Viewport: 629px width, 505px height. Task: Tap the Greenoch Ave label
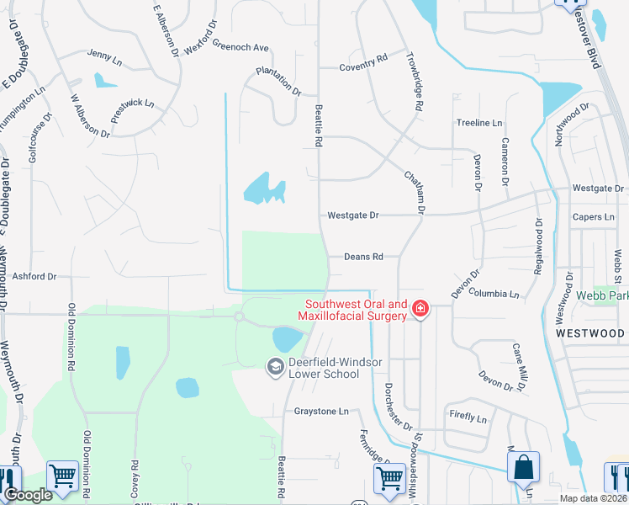click(240, 46)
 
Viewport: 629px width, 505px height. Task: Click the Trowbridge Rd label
click(416, 84)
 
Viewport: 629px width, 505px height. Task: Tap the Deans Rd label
click(363, 257)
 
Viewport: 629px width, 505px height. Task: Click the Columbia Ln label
click(494, 294)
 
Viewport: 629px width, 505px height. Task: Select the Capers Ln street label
click(594, 217)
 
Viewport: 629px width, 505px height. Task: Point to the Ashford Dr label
click(34, 276)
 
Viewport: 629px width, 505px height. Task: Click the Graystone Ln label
click(320, 412)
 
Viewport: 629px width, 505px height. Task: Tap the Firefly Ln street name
click(468, 418)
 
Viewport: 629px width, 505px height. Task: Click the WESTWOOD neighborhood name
click(590, 333)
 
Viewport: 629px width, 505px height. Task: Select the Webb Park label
click(602, 296)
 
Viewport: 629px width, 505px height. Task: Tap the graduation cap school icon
click(275, 366)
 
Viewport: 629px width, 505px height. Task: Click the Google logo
click(28, 495)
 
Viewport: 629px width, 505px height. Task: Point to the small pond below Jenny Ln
click(105, 81)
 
